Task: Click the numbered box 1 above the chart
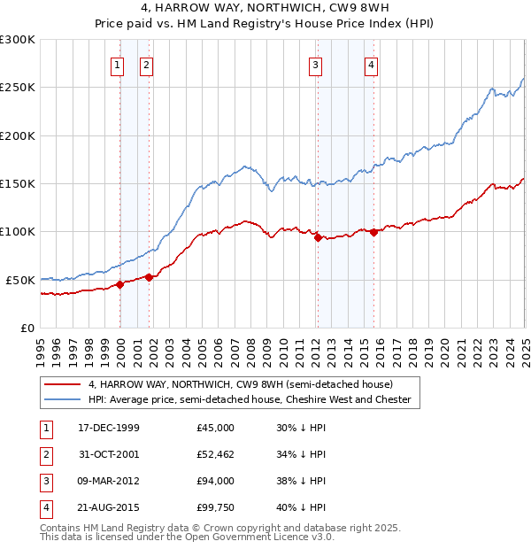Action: pos(118,64)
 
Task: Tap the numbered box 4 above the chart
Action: pos(373,64)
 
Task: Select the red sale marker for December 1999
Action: pos(120,285)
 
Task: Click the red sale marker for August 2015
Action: pos(373,233)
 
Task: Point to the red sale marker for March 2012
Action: pos(318,237)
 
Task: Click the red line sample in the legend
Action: pos(61,384)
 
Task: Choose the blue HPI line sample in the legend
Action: pos(61,399)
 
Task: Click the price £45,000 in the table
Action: pos(215,427)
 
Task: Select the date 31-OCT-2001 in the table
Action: pos(109,454)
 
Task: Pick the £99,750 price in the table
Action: pos(215,507)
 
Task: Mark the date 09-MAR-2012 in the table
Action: pos(109,481)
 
